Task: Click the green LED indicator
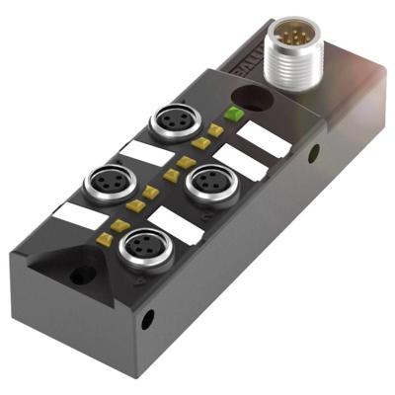234,115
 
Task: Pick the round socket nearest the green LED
169,126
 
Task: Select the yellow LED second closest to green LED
200,143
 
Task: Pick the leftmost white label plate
74,211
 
